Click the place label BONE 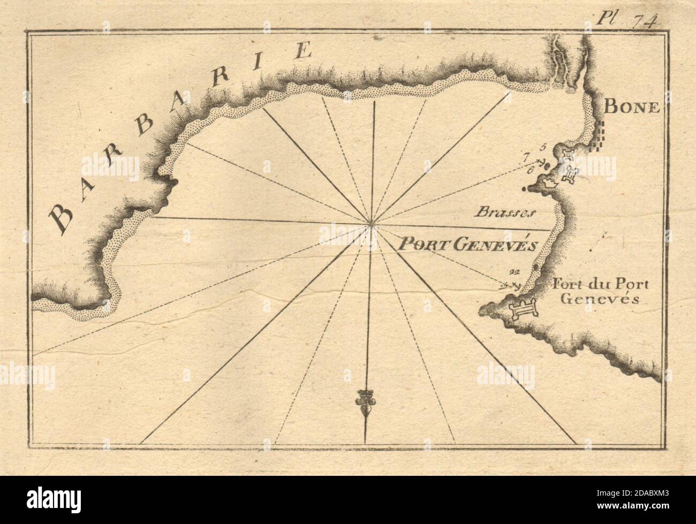(624, 106)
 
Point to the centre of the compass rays (371, 224)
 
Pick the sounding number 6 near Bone (531, 170)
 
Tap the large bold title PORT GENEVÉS (466, 245)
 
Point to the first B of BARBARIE (61, 218)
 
